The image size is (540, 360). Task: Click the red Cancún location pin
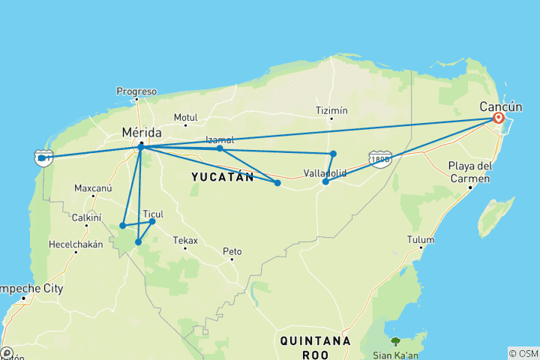[498, 117]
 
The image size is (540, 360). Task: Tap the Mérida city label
[140, 132]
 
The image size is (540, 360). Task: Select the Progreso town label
[136, 91]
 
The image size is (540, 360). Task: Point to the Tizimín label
[332, 110]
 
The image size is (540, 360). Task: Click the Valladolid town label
[325, 172]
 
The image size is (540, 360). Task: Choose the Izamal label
[220, 139]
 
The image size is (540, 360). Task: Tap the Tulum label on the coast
[421, 240]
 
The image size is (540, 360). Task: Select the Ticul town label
[153, 213]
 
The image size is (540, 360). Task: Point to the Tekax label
[185, 241]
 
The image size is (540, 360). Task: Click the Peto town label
[231, 250]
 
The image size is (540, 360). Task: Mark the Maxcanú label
[93, 187]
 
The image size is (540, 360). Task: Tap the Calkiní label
[87, 217]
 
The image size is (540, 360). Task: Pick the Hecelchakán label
[75, 244]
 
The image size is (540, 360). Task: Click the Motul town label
[184, 117]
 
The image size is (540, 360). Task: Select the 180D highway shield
[380, 158]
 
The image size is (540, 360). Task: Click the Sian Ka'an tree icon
[395, 341]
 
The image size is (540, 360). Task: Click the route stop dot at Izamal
[220, 148]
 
